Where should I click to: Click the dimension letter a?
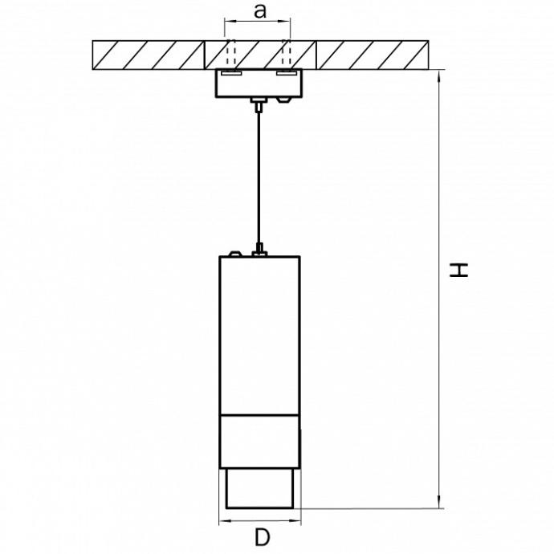(260, 11)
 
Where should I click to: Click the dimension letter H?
(458, 271)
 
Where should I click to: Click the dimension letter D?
(262, 538)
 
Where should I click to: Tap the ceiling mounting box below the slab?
(259, 83)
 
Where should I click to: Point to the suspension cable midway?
(259, 178)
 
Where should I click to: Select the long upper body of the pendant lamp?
(259, 336)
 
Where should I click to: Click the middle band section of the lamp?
(259, 442)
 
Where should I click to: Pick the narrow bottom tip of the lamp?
(259, 489)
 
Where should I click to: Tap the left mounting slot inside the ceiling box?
(231, 73)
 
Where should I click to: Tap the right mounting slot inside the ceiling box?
(287, 73)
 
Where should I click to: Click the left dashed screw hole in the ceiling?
(231, 53)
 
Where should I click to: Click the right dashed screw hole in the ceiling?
(287, 53)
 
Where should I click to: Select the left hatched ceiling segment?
(149, 55)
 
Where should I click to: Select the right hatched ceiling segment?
(373, 55)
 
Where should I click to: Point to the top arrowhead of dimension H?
(439, 76)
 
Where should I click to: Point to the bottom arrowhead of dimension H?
(439, 503)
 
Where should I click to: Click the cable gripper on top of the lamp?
(259, 250)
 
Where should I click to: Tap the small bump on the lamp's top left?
(235, 254)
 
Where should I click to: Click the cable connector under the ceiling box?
(259, 104)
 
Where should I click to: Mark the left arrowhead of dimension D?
(225, 520)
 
